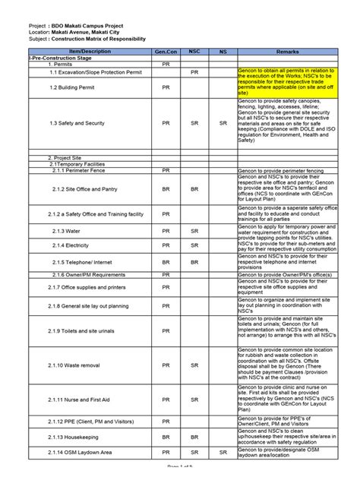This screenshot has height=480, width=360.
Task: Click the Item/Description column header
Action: tap(90, 50)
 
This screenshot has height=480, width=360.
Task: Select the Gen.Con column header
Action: tap(166, 50)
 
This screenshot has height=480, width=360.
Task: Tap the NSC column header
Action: tap(194, 50)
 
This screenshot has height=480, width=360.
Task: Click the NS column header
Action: tap(223, 50)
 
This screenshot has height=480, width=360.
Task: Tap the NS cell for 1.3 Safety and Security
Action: tap(223, 122)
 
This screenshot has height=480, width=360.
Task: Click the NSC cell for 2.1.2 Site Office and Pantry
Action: tap(194, 188)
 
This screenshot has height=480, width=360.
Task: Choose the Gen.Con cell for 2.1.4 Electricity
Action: tap(166, 245)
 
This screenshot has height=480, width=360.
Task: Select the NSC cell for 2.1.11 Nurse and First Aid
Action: tap(194, 399)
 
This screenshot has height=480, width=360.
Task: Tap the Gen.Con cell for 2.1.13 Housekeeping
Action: tap(166, 437)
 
